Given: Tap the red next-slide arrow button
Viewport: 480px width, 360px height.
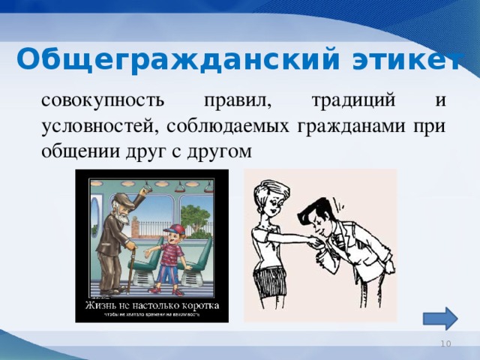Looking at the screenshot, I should click(x=445, y=317).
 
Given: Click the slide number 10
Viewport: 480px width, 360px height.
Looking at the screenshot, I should click(x=445, y=343).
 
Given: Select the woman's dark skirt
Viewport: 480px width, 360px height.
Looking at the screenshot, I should click(x=271, y=280).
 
